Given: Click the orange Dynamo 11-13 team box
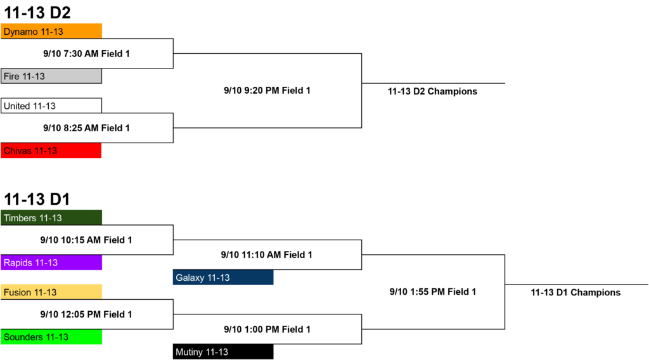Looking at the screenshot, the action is click(x=51, y=31).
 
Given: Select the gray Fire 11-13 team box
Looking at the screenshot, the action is click(x=51, y=76).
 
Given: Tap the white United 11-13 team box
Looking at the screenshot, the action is click(x=51, y=105).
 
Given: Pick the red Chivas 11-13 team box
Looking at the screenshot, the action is click(x=51, y=150).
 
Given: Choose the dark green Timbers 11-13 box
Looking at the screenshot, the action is click(x=51, y=217).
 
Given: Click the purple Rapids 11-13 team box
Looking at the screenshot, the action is click(x=51, y=262).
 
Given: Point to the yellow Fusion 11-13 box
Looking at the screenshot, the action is click(x=51, y=292).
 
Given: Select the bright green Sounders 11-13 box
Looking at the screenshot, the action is click(x=51, y=337).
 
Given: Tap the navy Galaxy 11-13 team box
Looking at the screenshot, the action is click(x=223, y=277).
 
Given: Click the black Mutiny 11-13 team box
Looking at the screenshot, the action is click(x=223, y=352).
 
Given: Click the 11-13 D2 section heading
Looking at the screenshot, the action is click(x=37, y=13).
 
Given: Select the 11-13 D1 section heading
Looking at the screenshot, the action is click(x=37, y=199).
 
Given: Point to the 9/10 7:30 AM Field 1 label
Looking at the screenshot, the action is click(x=86, y=54).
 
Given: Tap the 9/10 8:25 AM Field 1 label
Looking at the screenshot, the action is click(x=86, y=128).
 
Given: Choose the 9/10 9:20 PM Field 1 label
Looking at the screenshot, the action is click(x=267, y=91).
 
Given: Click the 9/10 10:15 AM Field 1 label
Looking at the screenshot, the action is click(x=86, y=240).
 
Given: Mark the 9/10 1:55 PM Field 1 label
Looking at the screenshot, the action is click(x=432, y=292).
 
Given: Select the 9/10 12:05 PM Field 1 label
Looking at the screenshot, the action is click(x=86, y=314).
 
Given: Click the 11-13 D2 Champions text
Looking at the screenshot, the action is click(x=432, y=91).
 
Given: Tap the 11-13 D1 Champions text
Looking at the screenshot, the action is click(x=575, y=293).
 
